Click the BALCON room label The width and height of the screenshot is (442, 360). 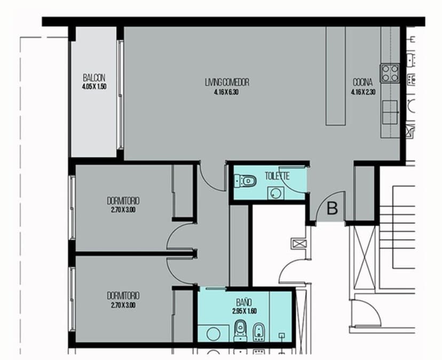[x=94, y=78]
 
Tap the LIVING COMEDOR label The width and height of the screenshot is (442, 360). [x=227, y=82]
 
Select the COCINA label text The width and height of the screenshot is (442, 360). [x=363, y=82]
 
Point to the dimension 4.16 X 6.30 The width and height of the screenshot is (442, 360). [x=226, y=92]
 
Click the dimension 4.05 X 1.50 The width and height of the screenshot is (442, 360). [x=94, y=87]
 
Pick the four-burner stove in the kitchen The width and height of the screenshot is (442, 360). [x=390, y=73]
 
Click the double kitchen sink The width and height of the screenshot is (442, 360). [x=390, y=112]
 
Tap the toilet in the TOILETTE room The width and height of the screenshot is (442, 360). [x=245, y=181]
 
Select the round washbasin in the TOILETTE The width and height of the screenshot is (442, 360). [x=275, y=193]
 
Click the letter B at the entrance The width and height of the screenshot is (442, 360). [x=332, y=209]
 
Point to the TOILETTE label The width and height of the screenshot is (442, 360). [x=277, y=176]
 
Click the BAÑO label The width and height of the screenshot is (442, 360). [x=244, y=303]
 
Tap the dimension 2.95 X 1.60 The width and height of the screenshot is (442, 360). [x=244, y=311]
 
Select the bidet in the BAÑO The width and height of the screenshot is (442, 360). [x=258, y=332]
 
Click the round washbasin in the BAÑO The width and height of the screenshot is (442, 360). [x=214, y=334]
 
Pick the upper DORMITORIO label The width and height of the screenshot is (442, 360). [x=123, y=201]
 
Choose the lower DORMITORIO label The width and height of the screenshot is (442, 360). [x=123, y=296]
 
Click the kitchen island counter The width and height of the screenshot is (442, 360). [x=335, y=76]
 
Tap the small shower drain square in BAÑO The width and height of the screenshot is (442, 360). [x=282, y=335]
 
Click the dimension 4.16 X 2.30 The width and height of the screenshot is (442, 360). [x=363, y=92]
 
